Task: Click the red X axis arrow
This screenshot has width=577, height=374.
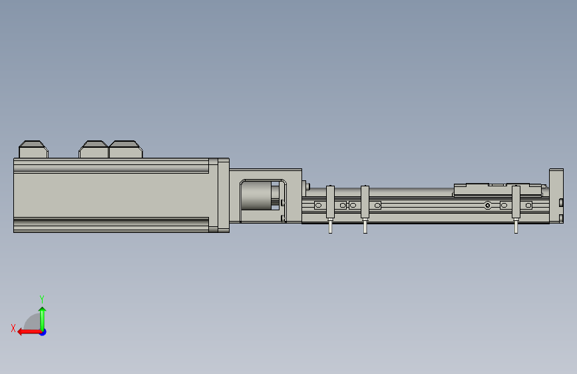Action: pos(29,332)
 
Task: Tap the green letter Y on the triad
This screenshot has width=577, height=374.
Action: pos(42,299)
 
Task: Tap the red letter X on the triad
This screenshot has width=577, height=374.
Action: pos(13,328)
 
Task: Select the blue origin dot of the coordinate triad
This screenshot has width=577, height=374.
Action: pos(43,332)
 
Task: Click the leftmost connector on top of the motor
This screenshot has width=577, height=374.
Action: pos(33,149)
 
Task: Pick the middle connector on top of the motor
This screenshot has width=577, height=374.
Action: pos(93,149)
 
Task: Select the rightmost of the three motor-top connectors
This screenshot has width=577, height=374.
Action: pos(126,149)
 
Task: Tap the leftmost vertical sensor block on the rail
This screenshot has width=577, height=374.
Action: pos(330,202)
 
